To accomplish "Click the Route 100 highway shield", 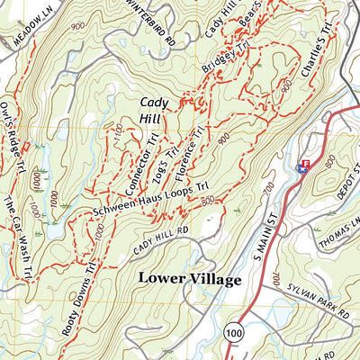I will coord(235,334).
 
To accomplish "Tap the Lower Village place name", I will coord(190,280).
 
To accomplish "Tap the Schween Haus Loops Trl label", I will coord(153,207).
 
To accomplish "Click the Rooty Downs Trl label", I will coord(78,297).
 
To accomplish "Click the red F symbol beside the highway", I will coord(304,163).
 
